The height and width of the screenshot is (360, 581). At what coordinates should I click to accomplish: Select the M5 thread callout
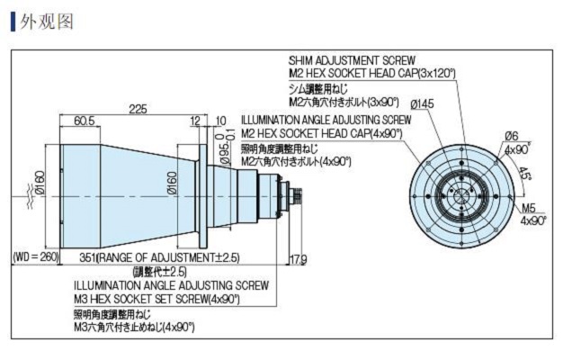pos(528,208)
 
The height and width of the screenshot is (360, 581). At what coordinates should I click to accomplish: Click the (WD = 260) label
pos(35,257)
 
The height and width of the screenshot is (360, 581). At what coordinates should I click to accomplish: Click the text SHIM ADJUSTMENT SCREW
pos(352,59)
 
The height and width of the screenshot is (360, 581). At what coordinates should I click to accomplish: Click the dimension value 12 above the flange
pos(195,120)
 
